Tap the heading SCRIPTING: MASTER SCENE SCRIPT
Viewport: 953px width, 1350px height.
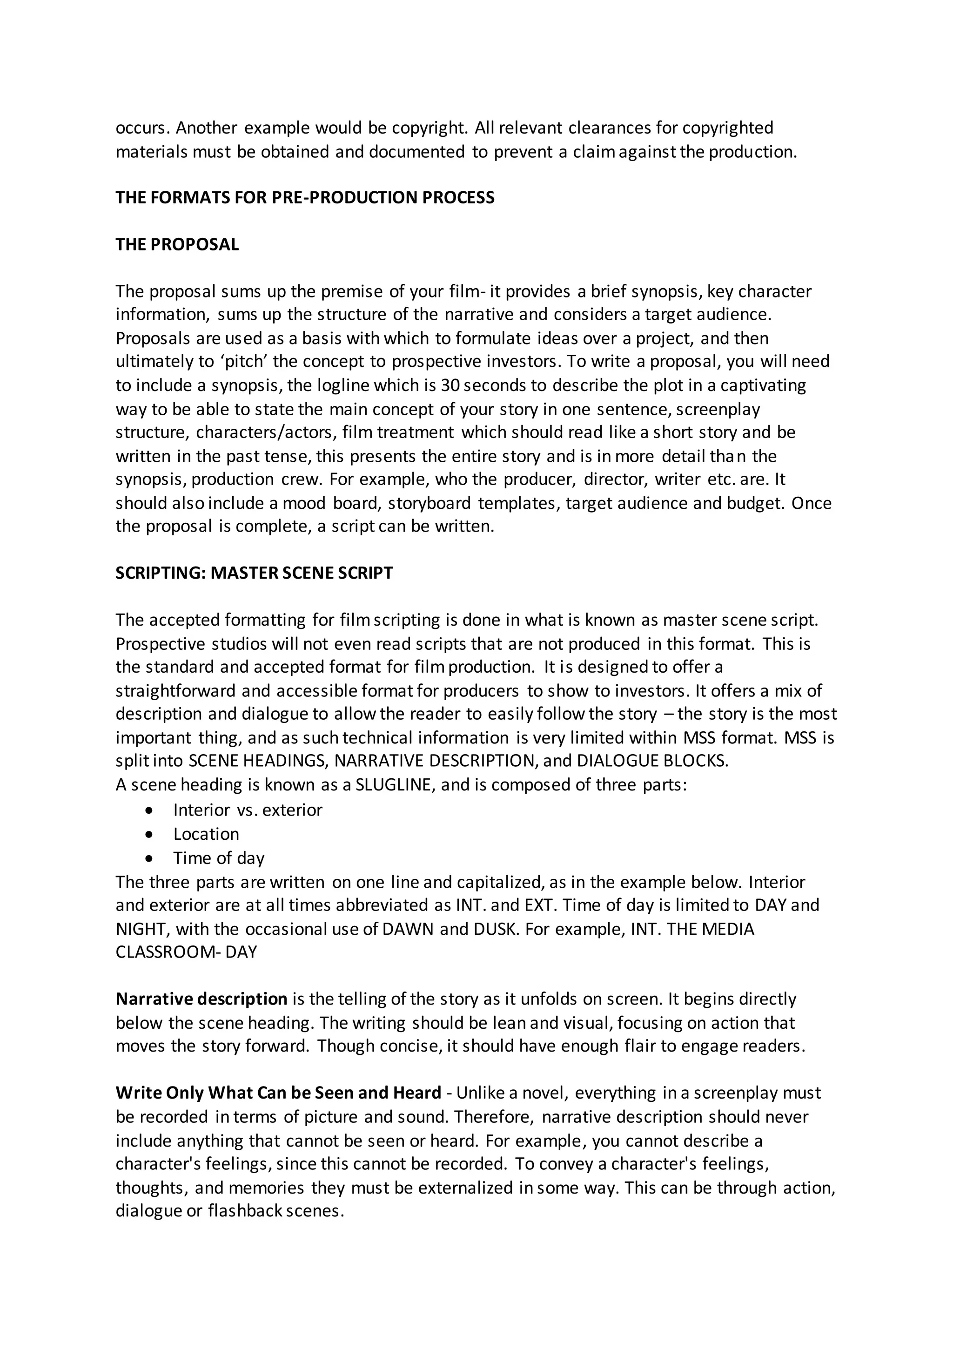pyautogui.click(x=254, y=573)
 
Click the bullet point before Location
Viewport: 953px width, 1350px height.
pyautogui.click(x=151, y=834)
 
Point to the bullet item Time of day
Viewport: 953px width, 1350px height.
pyautogui.click(x=219, y=858)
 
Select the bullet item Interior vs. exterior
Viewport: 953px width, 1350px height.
pyautogui.click(x=248, y=810)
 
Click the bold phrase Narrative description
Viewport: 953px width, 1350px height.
pyautogui.click(x=201, y=999)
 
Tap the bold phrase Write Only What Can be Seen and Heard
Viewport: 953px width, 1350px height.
pyautogui.click(x=278, y=1093)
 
